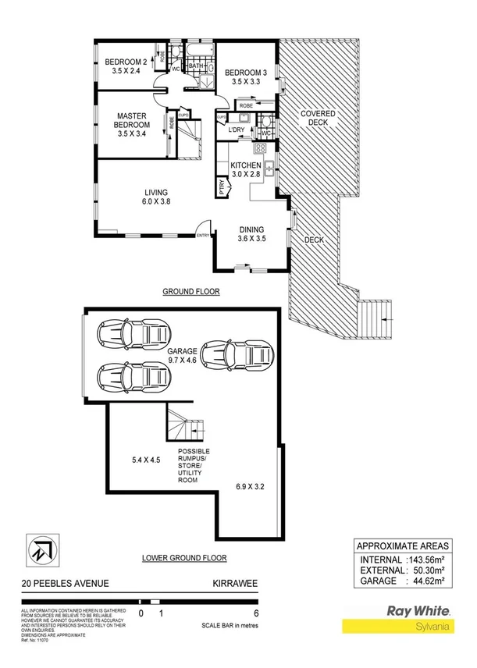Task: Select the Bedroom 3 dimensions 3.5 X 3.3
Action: click(246, 83)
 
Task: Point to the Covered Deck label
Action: click(319, 119)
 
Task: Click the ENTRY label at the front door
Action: click(203, 235)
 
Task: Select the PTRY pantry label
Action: click(222, 187)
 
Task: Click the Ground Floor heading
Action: click(191, 292)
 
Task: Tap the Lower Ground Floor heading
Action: click(184, 558)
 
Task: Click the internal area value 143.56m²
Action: click(433, 560)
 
